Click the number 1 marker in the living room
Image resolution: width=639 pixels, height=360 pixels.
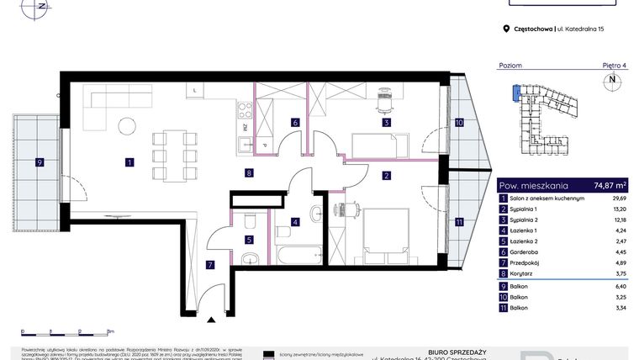pos(129,161)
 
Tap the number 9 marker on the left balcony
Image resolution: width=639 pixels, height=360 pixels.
pos(39,161)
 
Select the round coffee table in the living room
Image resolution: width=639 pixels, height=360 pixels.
pos(127,126)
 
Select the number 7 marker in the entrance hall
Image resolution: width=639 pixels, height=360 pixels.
pos(211,265)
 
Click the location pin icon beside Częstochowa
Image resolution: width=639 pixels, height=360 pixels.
pos(506,29)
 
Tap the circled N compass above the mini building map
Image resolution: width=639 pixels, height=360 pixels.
pos(612,82)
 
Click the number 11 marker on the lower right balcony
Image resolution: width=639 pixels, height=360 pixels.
pos(459,222)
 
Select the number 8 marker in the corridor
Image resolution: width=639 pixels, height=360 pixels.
pos(250,174)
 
